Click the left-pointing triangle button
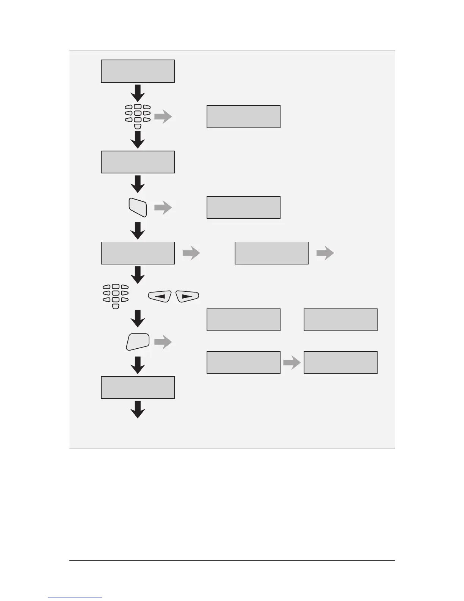click(x=160, y=296)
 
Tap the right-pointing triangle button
click(x=188, y=296)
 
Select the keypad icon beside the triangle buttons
click(x=116, y=296)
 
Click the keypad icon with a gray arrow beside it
click(x=138, y=116)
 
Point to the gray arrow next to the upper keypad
click(x=163, y=117)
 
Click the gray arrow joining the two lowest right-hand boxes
click(x=292, y=363)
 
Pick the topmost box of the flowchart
click(x=138, y=71)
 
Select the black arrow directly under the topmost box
click(x=138, y=93)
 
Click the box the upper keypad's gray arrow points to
click(x=243, y=117)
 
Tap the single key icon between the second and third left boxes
click(x=138, y=208)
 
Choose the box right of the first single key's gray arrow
click(x=243, y=208)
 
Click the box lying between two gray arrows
click(x=271, y=253)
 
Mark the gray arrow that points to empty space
click(x=325, y=253)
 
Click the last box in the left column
click(x=138, y=387)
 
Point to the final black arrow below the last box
click(x=138, y=409)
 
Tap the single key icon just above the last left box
click(x=138, y=341)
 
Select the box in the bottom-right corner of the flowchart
click(x=340, y=363)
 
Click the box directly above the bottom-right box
click(x=340, y=320)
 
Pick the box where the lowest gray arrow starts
click(x=243, y=363)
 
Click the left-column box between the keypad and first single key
click(x=138, y=162)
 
